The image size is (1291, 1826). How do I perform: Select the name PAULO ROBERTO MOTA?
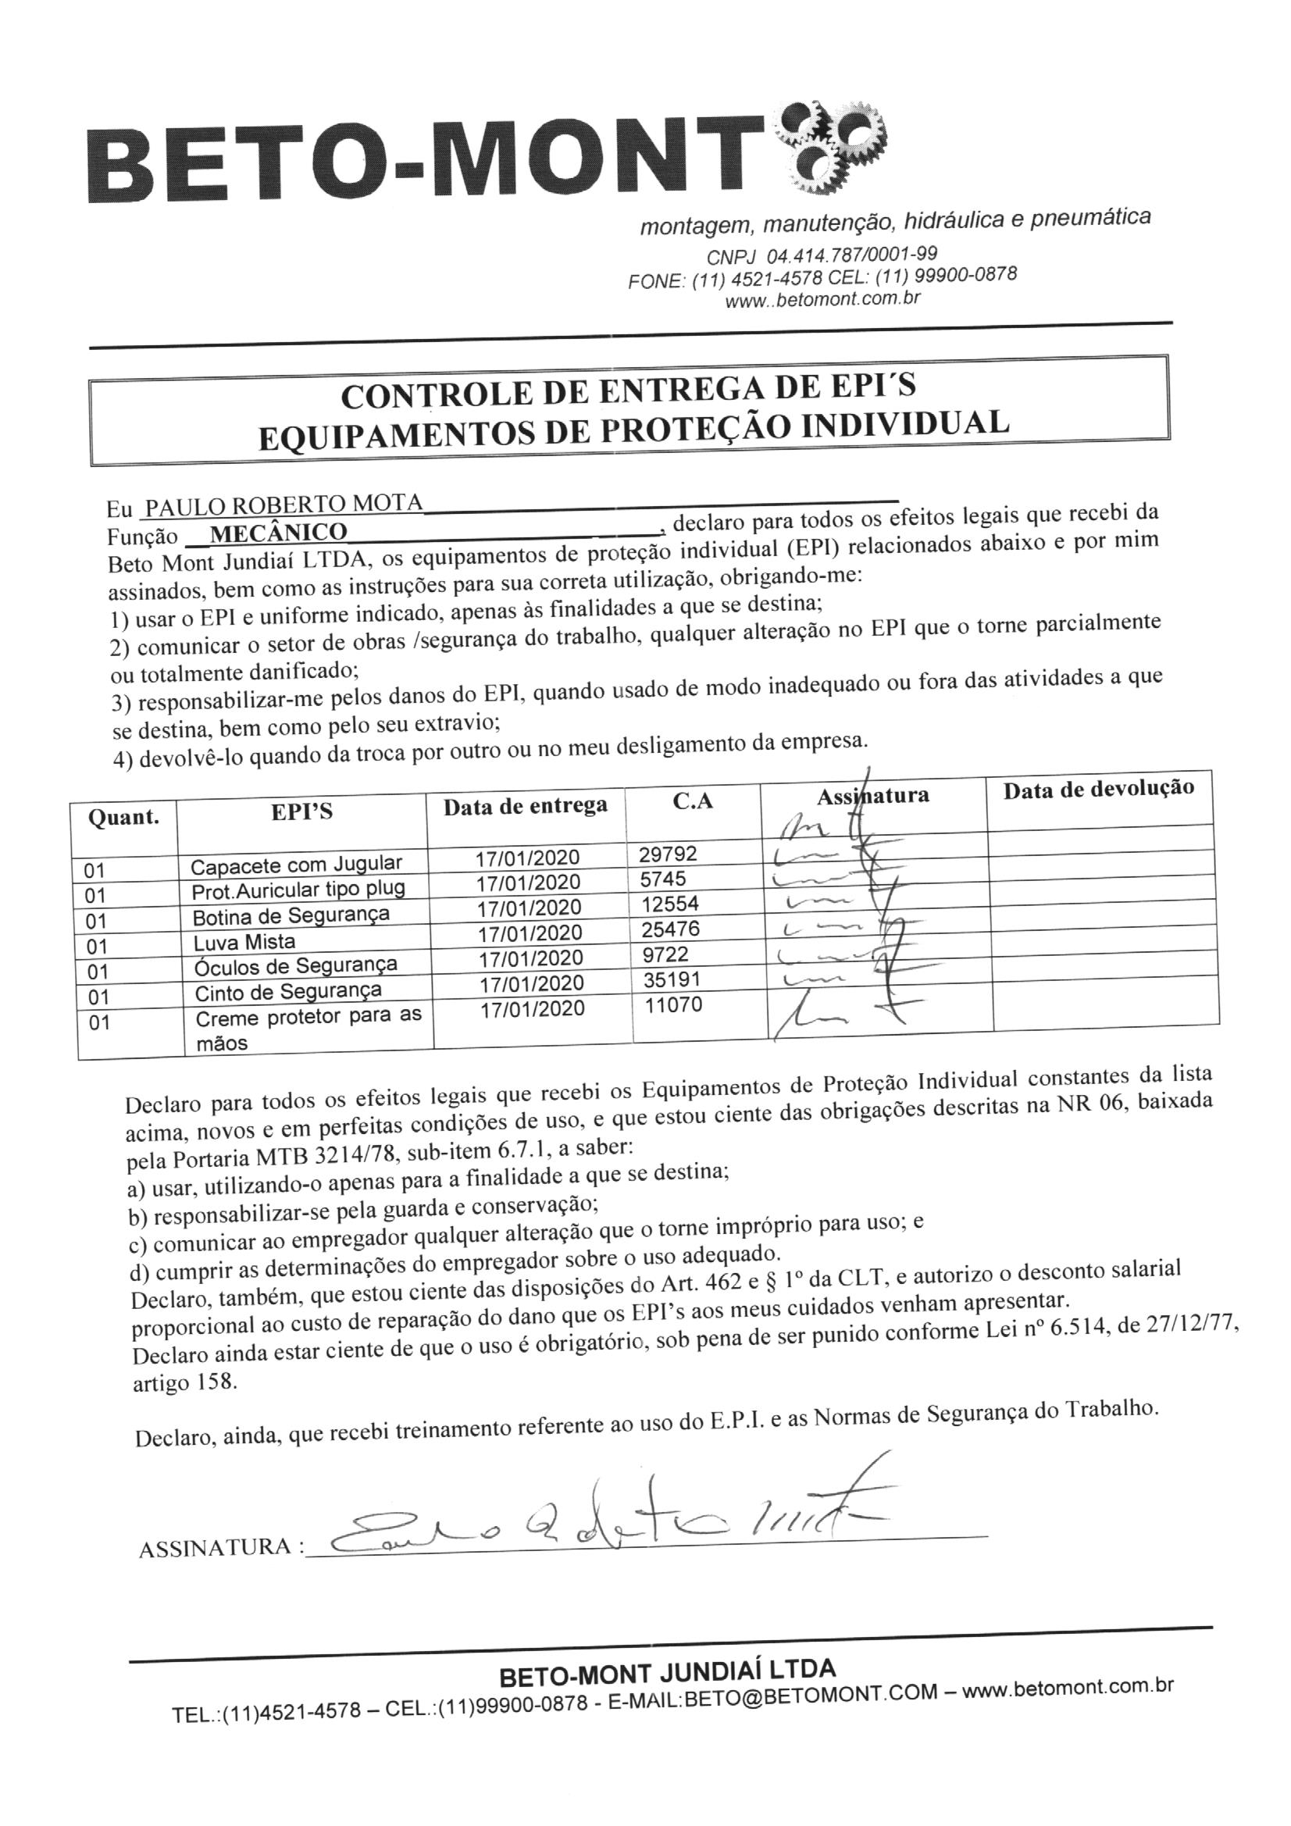click(x=281, y=505)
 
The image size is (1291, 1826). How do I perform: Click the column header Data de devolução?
click(x=1099, y=789)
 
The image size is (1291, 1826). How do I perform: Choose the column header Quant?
click(x=123, y=817)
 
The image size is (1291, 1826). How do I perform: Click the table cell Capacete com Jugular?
click(x=297, y=865)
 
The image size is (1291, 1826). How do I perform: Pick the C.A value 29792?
click(x=668, y=854)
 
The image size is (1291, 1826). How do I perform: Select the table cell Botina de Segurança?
click(x=291, y=915)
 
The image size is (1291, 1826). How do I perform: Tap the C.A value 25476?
click(x=670, y=929)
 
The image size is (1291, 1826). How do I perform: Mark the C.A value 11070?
click(x=673, y=1004)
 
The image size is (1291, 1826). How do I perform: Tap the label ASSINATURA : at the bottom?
click(x=221, y=1549)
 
